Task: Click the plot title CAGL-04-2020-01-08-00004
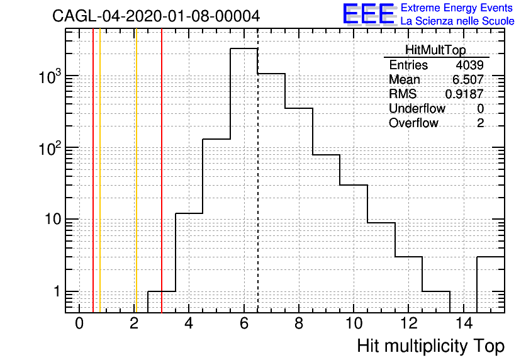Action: point(156,16)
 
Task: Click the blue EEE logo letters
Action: point(368,13)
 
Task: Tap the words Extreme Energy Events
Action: point(457,8)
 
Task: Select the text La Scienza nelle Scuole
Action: point(457,21)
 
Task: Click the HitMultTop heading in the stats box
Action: point(435,50)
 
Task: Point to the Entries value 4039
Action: point(469,65)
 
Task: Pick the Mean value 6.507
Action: point(468,79)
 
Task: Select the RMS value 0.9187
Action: point(464,94)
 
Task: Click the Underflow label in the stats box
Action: point(417,108)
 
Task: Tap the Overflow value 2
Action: point(480,123)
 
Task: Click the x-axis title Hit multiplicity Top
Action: point(431,346)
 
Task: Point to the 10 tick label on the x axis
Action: point(354,323)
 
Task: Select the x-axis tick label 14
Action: point(464,323)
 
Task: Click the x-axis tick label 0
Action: point(79,323)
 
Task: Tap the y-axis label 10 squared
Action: point(50,148)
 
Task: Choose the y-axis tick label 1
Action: point(57,291)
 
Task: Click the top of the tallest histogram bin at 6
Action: point(244,48)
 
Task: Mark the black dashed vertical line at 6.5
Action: point(257,171)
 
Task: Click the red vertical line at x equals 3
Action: point(162,171)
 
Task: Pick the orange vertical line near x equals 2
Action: point(136,171)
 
